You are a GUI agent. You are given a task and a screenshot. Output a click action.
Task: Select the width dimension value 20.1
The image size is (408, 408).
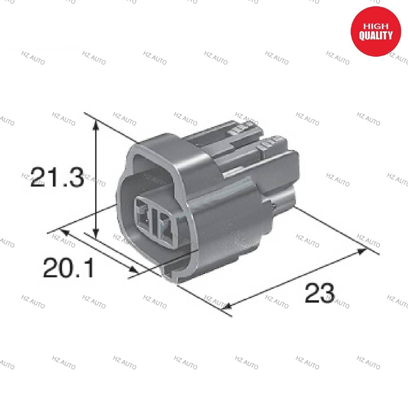(69, 268)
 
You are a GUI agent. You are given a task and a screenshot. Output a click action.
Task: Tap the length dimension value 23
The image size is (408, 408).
(320, 294)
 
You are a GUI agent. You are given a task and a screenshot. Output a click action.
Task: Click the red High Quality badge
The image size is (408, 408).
(376, 31)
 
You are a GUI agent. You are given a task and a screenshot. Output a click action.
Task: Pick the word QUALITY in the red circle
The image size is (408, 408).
(376, 36)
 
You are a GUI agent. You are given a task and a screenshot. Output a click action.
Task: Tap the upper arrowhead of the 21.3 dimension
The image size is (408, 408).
(95, 124)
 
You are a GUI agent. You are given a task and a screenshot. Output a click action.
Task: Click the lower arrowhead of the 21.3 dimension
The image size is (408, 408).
(95, 234)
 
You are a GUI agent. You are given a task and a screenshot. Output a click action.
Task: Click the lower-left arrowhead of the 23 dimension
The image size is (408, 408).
(227, 306)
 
